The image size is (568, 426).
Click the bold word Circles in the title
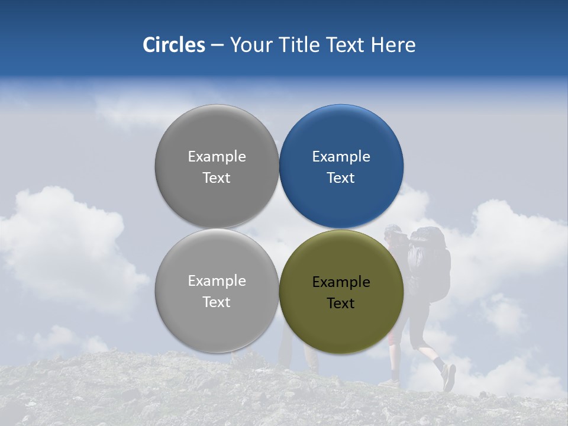pos(173,45)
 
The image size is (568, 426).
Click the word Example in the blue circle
pos(341,157)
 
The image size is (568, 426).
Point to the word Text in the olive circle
pos(341,304)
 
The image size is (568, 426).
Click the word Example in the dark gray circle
pos(217,157)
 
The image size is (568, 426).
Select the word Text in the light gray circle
pos(217,302)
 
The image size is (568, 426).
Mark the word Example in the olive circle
pos(341,282)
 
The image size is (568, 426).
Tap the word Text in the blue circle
pos(341,178)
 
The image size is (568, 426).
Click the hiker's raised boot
pos(448,377)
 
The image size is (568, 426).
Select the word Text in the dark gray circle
pos(217,178)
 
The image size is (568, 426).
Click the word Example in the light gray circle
pos(217,281)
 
